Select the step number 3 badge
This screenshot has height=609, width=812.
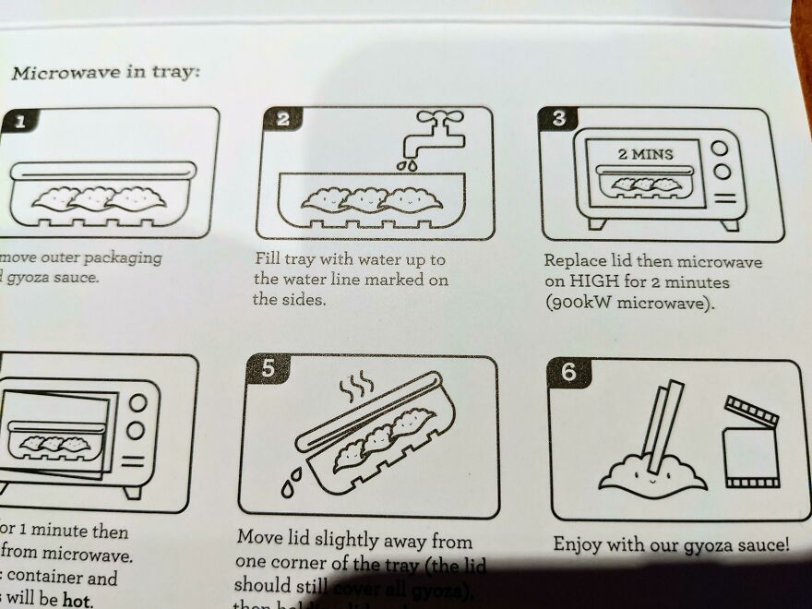click(x=559, y=119)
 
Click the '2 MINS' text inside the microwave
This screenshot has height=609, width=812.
click(x=645, y=153)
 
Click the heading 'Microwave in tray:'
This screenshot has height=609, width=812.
click(x=104, y=73)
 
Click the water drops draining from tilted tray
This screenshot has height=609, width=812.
click(x=293, y=480)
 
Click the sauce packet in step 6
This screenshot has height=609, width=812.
click(x=749, y=443)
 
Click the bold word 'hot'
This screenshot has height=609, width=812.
click(x=78, y=600)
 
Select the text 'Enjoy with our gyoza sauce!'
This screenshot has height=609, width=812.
click(x=671, y=544)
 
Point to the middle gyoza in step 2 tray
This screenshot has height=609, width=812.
click(x=368, y=198)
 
